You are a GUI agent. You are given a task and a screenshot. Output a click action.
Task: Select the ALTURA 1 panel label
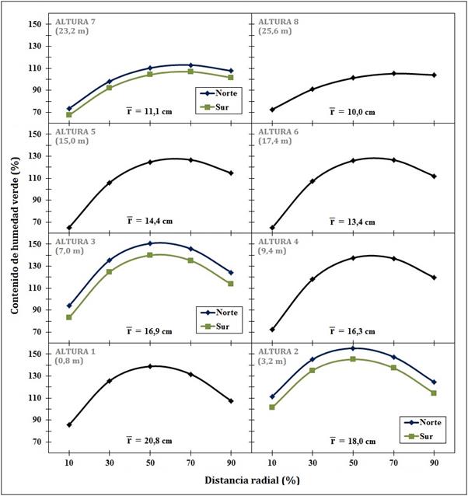point(75,351)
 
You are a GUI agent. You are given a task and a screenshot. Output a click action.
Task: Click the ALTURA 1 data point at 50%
point(150,366)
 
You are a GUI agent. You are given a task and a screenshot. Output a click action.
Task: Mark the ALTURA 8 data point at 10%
point(272,110)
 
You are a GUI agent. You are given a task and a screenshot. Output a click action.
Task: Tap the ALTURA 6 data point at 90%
point(434,176)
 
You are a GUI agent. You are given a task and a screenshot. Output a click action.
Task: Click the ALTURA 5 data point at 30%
point(110,183)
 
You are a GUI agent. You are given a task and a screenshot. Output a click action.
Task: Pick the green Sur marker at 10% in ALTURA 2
point(272,407)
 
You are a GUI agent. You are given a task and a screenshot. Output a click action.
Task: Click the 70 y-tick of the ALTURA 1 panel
point(37,442)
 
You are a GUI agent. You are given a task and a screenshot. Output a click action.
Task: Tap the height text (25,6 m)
point(276,31)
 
